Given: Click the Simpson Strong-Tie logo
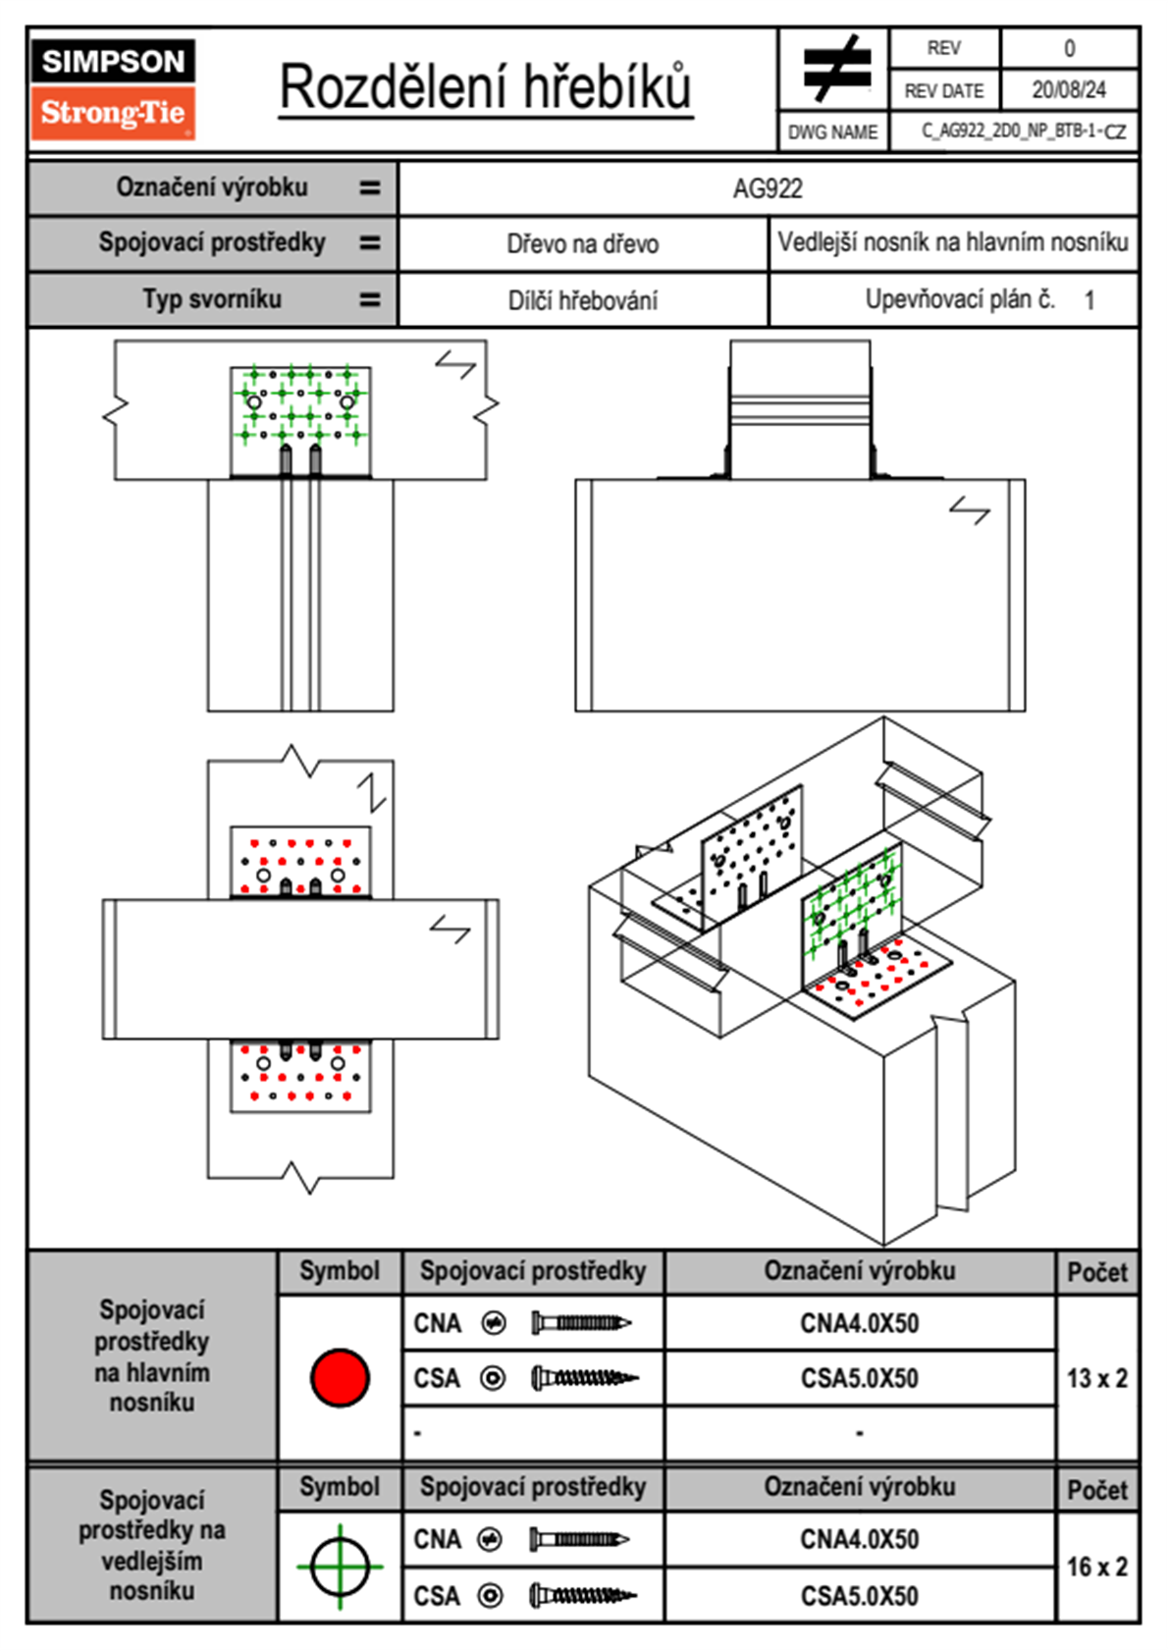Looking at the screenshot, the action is [113, 89].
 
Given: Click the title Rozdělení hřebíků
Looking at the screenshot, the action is [486, 87].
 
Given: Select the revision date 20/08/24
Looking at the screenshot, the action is [1069, 90].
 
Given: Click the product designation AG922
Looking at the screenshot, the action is [768, 189].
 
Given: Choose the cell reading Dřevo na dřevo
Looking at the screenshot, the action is [582, 244].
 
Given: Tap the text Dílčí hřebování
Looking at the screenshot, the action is [582, 300].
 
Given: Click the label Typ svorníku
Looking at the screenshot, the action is [212, 299].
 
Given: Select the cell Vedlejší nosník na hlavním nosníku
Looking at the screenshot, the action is [953, 242].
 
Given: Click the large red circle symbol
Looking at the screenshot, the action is [340, 1377].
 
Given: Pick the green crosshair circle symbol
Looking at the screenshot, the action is [340, 1567].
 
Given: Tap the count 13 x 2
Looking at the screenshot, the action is [1097, 1378].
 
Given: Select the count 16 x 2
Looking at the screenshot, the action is [1097, 1567].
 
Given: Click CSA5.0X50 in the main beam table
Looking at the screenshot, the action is [859, 1378].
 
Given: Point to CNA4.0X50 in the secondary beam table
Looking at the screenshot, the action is [859, 1540].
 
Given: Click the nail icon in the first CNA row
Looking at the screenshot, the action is [581, 1323].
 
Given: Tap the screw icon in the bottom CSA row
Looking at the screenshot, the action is [583, 1596].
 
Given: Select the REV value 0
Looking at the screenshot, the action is [1069, 49].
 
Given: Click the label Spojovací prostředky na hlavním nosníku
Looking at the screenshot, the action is [152, 1357].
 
